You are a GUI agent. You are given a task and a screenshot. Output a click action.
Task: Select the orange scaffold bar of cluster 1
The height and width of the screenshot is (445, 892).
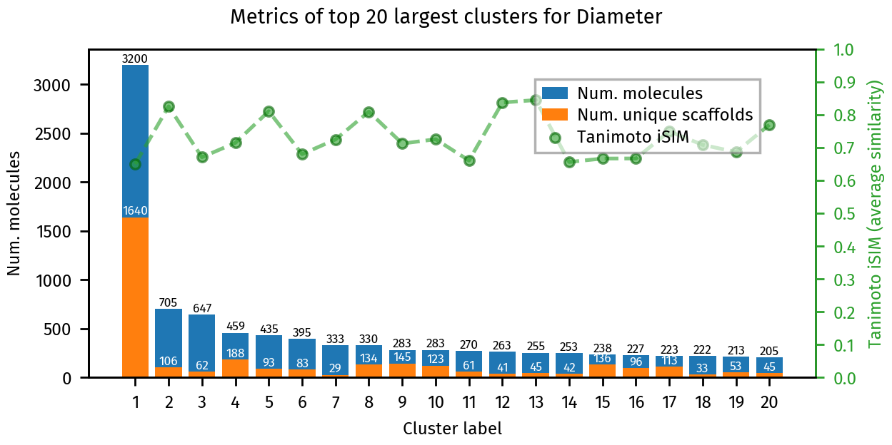pos(135,300)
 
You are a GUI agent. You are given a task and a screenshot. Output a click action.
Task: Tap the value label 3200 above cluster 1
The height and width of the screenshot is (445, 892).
pos(135,58)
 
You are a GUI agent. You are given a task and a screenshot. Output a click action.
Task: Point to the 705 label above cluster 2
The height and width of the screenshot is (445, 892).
pos(169,303)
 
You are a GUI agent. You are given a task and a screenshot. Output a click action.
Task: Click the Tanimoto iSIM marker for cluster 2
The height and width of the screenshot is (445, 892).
pos(169,107)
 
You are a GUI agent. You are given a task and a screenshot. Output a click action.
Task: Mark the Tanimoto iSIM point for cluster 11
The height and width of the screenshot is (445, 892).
pos(469,161)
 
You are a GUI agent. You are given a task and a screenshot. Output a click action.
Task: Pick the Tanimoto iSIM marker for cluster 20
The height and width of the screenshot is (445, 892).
pos(769,125)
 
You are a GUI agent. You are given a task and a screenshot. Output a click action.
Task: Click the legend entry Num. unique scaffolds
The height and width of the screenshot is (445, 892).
pos(664,115)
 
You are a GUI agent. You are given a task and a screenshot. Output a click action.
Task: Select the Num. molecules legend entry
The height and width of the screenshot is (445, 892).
pos(640,93)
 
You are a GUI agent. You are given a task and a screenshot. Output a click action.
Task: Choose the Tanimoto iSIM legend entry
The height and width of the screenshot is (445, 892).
pos(633,138)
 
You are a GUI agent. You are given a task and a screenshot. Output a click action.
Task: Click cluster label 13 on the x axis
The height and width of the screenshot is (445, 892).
pos(536,402)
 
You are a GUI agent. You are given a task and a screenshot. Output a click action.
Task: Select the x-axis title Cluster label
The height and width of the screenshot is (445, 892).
pos(452,429)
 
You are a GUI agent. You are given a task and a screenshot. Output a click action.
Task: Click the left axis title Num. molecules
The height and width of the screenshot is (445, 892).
pos(14,214)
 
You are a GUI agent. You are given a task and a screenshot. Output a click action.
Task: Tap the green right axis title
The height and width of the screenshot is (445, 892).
pos(876,214)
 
